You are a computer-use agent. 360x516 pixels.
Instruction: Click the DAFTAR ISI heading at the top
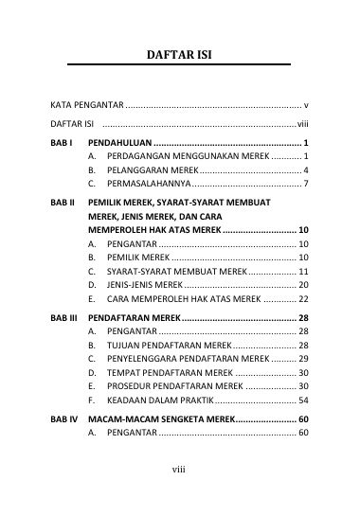pyautogui.click(x=179, y=54)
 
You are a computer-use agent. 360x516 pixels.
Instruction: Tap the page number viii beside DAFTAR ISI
pyautogui.click(x=303, y=123)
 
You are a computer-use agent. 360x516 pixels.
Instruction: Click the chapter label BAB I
pyautogui.click(x=63, y=141)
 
